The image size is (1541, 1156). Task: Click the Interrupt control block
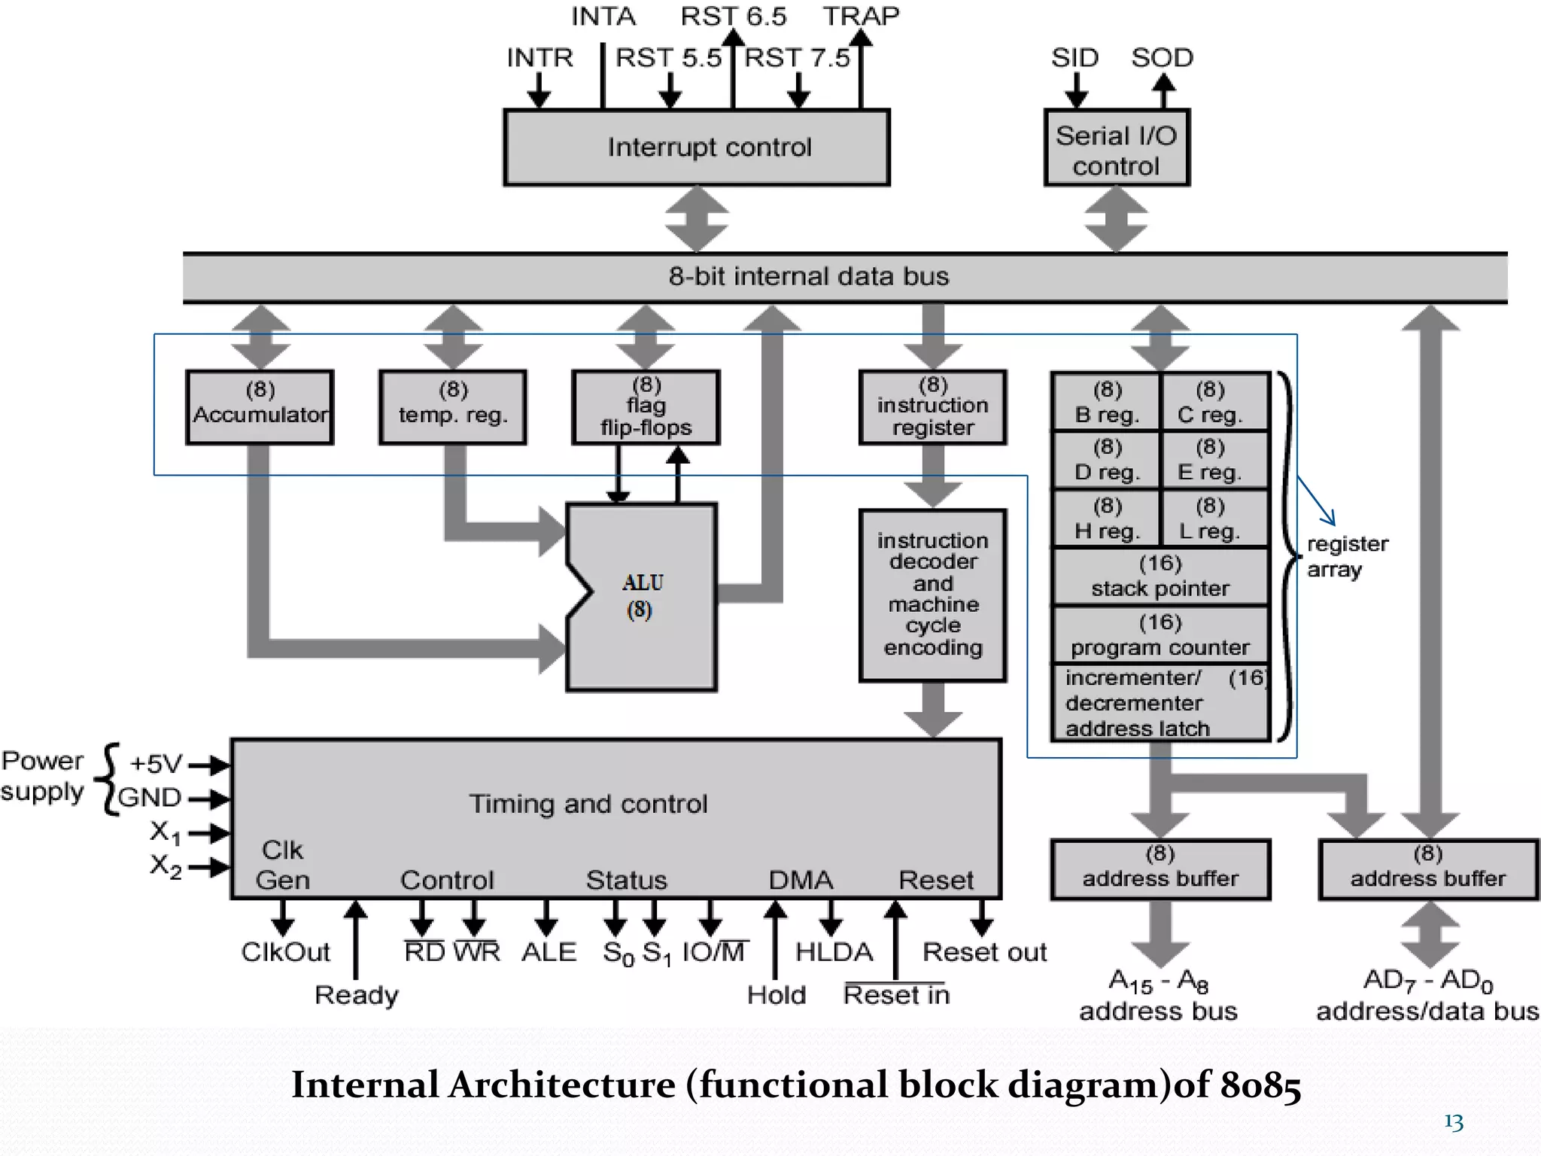click(x=697, y=148)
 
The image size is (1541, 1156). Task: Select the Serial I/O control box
click(x=1117, y=148)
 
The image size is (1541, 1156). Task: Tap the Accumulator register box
click(x=260, y=407)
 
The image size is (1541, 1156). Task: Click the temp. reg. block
click(x=453, y=407)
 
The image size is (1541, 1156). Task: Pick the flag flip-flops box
click(x=646, y=407)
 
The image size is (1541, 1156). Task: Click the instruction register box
click(x=932, y=407)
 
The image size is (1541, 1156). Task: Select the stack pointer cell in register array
click(x=1160, y=577)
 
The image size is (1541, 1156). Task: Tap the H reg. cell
click(x=1107, y=519)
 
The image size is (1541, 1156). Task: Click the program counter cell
click(x=1160, y=636)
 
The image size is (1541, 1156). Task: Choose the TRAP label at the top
click(x=861, y=17)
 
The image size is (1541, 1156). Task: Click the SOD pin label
click(x=1162, y=58)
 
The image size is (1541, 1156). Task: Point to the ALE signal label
click(x=549, y=952)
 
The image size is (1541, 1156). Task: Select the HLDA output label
click(x=834, y=952)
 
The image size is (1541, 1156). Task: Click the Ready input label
click(x=356, y=995)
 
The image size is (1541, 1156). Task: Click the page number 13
click(x=1453, y=1122)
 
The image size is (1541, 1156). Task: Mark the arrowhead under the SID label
click(x=1076, y=99)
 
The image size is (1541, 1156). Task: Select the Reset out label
click(x=984, y=952)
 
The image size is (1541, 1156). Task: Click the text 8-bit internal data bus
click(x=809, y=277)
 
